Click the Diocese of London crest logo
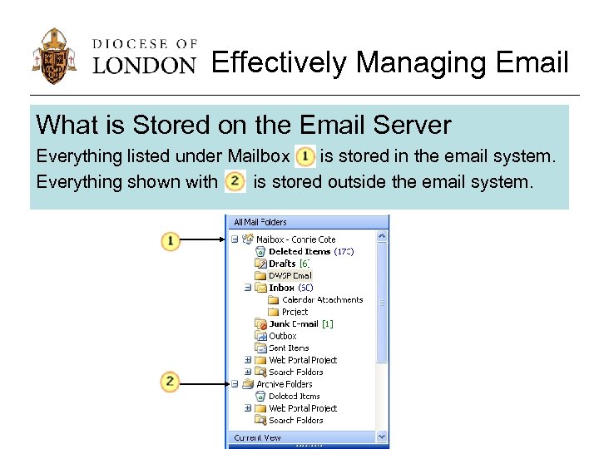pyautogui.click(x=56, y=56)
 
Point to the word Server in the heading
pyautogui.click(x=413, y=125)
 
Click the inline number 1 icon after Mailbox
pyautogui.click(x=304, y=155)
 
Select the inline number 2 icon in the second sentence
pyautogui.click(x=235, y=180)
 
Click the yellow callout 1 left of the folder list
pyautogui.click(x=170, y=241)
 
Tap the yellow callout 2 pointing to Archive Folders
pyautogui.click(x=170, y=382)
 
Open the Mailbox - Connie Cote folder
pyautogui.click(x=295, y=239)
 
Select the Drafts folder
pyautogui.click(x=282, y=264)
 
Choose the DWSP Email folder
pyautogui.click(x=290, y=275)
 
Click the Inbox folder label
pyautogui.click(x=281, y=288)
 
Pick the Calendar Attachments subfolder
pyautogui.click(x=322, y=299)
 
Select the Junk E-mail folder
pyautogui.click(x=294, y=324)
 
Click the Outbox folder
pyautogui.click(x=283, y=336)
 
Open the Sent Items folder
pyautogui.click(x=289, y=348)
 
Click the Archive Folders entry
pyautogui.click(x=284, y=384)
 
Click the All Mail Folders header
pyautogui.click(x=260, y=222)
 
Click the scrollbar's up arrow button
pyautogui.click(x=382, y=237)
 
